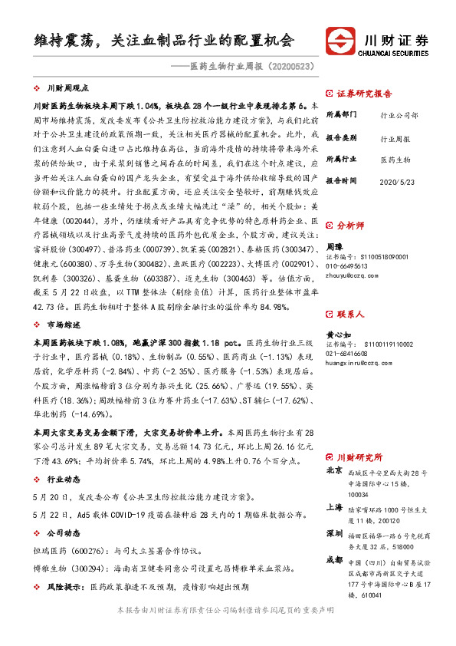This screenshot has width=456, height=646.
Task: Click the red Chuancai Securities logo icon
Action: coord(340,40)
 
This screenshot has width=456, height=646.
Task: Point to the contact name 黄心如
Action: coord(338,335)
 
